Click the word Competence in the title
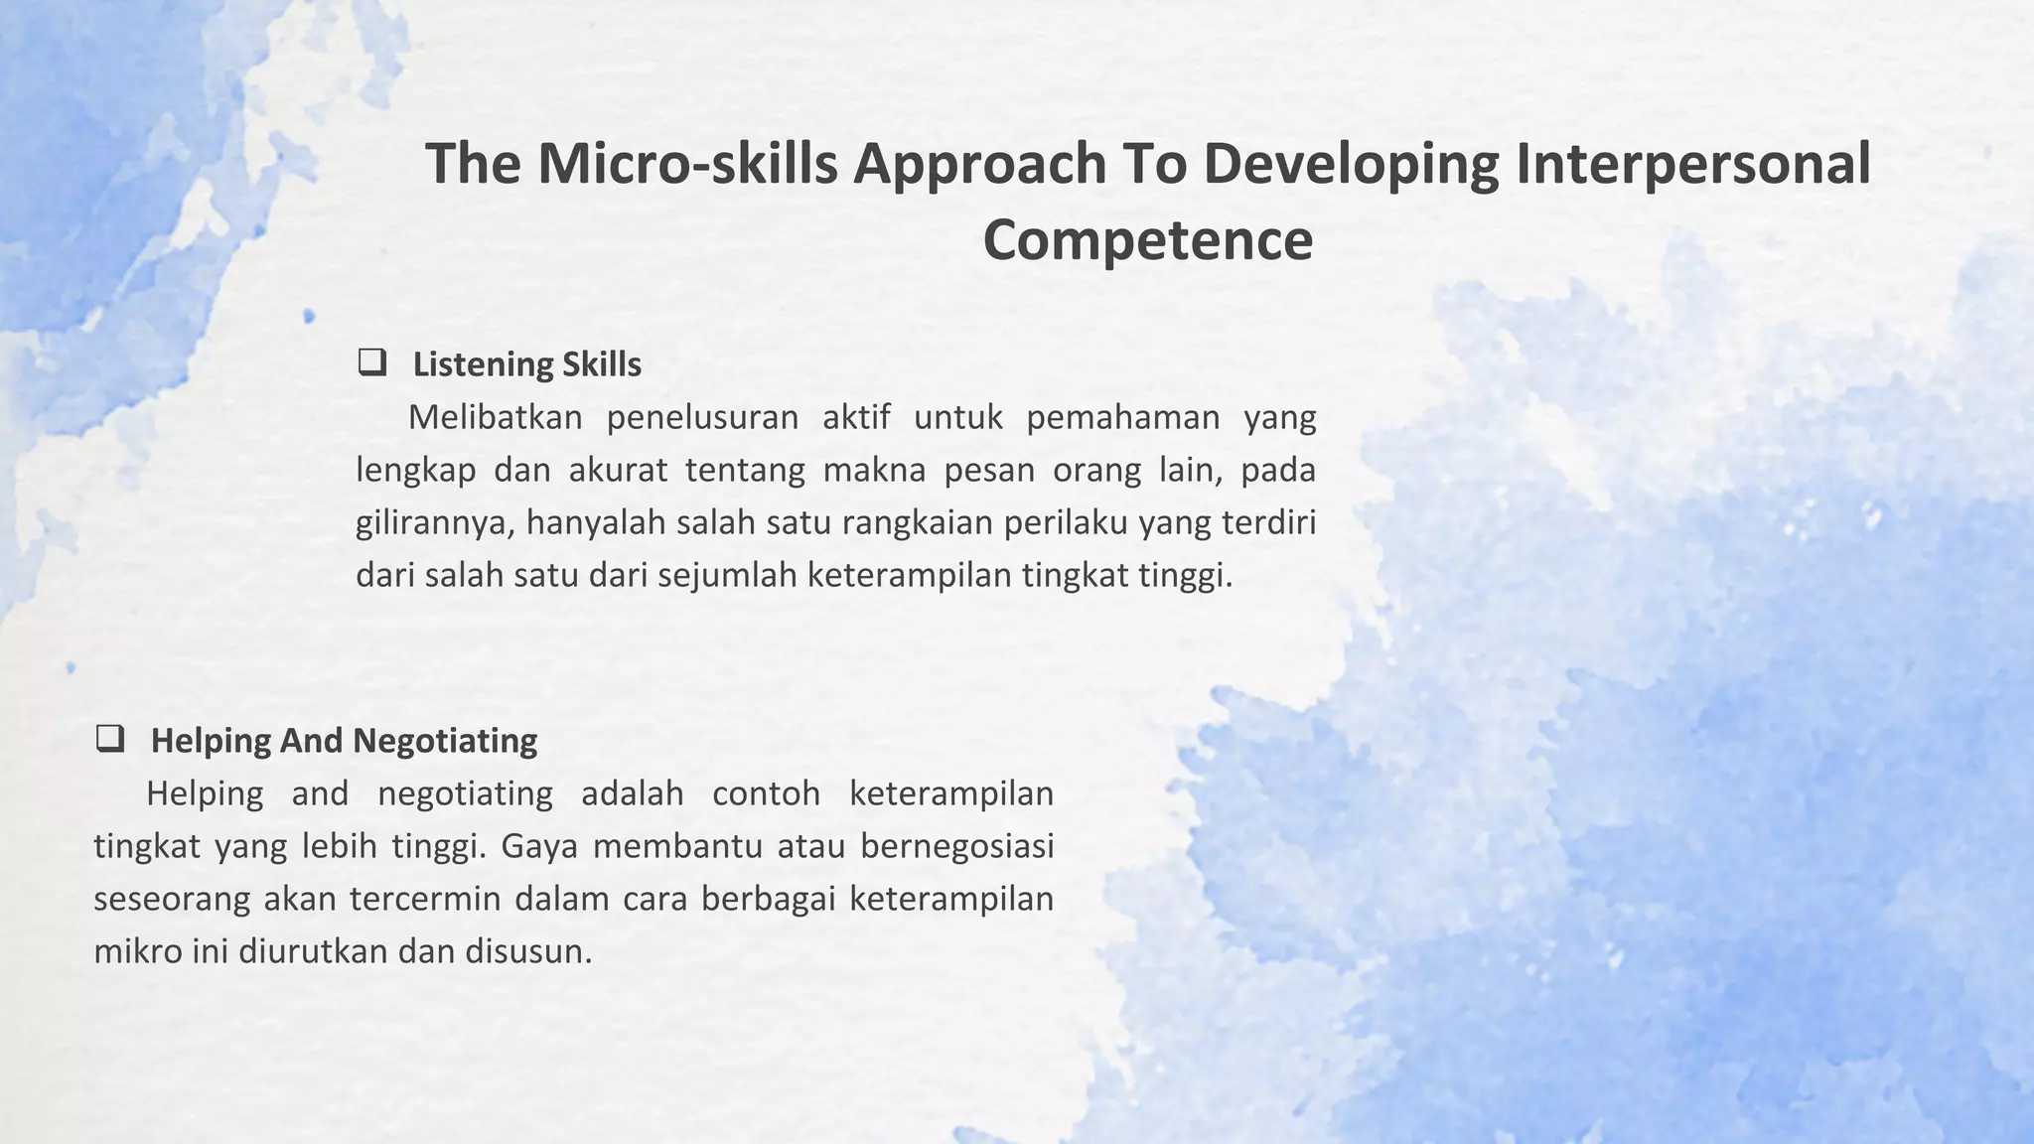point(1147,240)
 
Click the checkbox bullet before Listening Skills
point(372,362)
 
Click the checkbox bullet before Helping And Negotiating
point(110,739)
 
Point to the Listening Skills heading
point(526,364)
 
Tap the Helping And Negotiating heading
point(344,741)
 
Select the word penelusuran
point(702,418)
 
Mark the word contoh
point(766,793)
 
